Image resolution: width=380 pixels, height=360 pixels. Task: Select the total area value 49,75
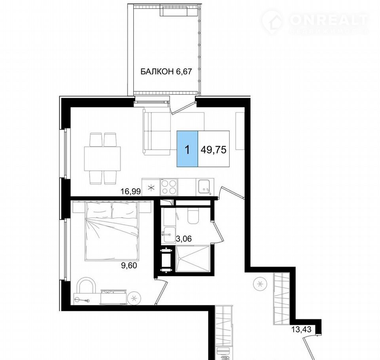click(x=213, y=150)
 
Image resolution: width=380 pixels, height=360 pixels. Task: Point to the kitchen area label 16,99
click(x=131, y=191)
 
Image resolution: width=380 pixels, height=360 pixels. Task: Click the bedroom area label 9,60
click(x=129, y=266)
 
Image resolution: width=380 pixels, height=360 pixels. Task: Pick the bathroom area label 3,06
click(x=184, y=239)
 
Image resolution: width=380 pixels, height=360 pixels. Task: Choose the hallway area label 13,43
click(x=301, y=330)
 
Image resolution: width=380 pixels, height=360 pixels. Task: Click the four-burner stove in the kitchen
click(x=169, y=187)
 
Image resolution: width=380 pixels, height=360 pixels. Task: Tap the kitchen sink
click(x=205, y=187)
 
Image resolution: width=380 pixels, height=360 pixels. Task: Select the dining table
click(x=103, y=159)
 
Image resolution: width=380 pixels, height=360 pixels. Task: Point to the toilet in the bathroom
click(x=194, y=215)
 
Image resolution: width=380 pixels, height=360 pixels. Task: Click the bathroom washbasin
click(x=169, y=235)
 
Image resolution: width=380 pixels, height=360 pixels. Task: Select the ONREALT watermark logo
click(x=315, y=21)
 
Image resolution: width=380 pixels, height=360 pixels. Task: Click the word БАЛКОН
click(x=157, y=72)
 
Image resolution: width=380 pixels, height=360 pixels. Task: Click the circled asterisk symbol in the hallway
click(x=260, y=283)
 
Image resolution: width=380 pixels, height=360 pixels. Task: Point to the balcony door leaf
click(x=183, y=108)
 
